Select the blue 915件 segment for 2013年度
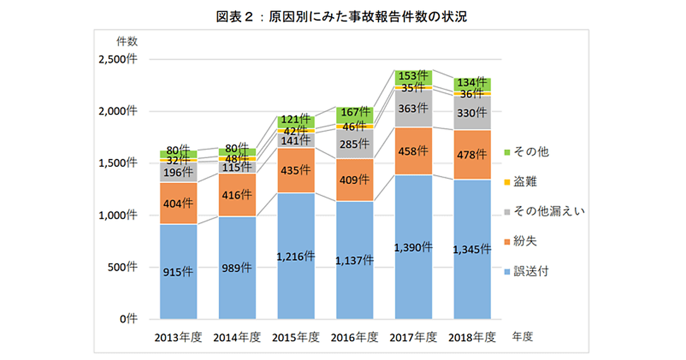(178, 272)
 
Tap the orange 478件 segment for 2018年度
(472, 155)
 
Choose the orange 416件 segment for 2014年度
(237, 195)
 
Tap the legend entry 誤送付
(529, 271)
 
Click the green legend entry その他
(529, 152)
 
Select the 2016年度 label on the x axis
(354, 337)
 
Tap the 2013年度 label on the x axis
(178, 337)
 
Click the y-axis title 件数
(126, 41)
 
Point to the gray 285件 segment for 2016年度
(354, 144)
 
